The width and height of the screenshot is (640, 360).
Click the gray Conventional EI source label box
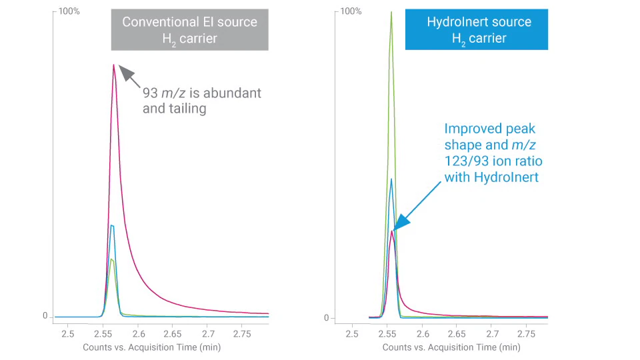pos(189,30)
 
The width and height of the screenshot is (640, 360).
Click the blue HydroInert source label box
pos(477,30)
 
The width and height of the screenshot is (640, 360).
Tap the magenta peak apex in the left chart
pos(114,65)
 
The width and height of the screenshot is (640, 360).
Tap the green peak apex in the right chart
pos(391,12)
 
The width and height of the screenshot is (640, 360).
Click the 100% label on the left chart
pos(69,11)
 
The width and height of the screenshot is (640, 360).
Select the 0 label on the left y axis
pos(45,316)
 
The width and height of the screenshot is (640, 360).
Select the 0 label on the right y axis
pos(327,317)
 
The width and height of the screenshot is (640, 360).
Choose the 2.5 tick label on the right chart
pos(352,333)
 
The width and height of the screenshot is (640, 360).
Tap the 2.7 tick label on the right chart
pos(492,333)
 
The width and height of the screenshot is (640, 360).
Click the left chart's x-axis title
pos(151,347)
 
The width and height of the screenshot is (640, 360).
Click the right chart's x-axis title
pos(451,347)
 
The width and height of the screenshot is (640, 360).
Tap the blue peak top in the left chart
pos(112,226)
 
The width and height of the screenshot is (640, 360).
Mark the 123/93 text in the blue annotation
pos(467,161)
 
